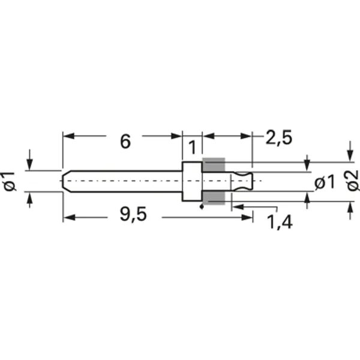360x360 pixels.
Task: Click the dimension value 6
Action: pyautogui.click(x=125, y=142)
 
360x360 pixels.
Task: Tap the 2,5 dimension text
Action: pyautogui.click(x=278, y=138)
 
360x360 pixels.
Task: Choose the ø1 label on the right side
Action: pyautogui.click(x=325, y=182)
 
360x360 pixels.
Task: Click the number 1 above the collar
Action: pyautogui.click(x=192, y=148)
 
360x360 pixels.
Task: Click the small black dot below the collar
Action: pyautogui.click(x=202, y=208)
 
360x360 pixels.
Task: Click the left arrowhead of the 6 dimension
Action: pyautogui.click(x=68, y=136)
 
